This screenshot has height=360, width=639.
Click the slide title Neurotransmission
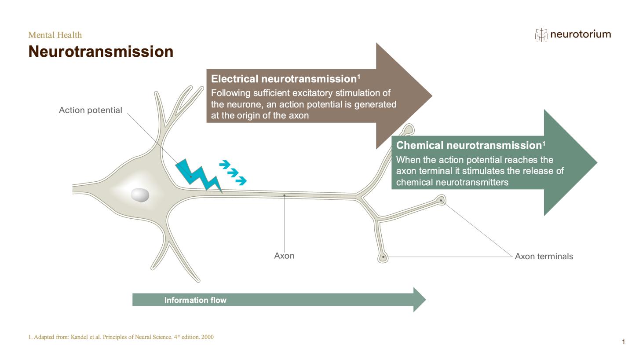[101, 51]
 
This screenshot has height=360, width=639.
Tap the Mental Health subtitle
[55, 35]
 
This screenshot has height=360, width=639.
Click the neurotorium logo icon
[541, 35]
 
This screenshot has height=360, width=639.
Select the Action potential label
[91, 110]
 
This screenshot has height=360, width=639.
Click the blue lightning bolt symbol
[198, 176]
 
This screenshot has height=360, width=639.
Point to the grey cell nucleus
[140, 195]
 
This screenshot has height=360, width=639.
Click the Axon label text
[284, 256]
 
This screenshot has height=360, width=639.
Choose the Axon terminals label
[544, 257]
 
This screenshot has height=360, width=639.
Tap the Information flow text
[195, 300]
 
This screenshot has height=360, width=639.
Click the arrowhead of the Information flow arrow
[420, 300]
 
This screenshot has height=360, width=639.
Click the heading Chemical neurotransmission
[471, 145]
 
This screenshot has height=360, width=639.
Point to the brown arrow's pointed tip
[432, 96]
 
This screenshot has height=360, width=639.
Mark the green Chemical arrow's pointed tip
[597, 162]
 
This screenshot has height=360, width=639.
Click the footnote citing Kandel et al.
[121, 337]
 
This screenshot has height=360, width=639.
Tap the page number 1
[623, 342]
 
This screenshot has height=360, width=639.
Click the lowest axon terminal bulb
[383, 257]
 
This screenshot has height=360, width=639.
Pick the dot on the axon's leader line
[284, 195]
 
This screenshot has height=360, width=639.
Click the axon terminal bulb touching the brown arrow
[409, 129]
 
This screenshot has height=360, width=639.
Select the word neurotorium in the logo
[581, 34]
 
